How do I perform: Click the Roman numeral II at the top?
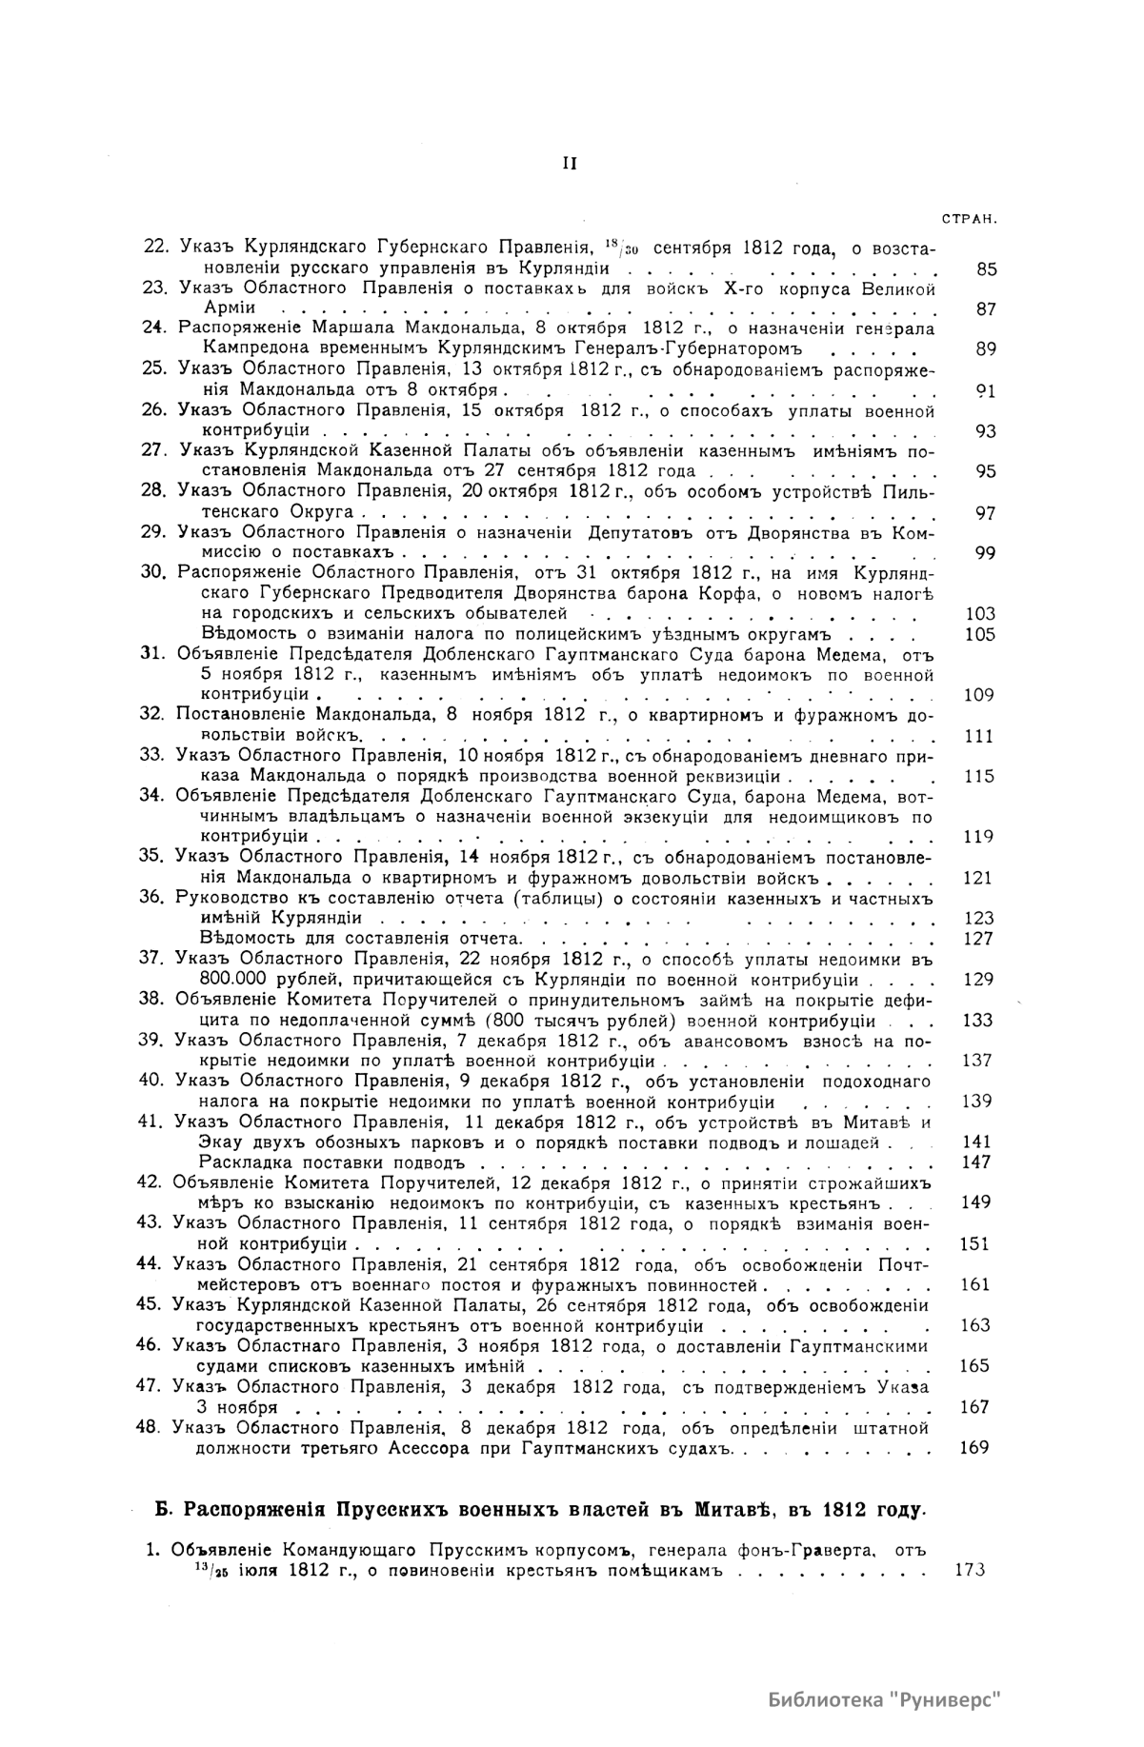pyautogui.click(x=570, y=163)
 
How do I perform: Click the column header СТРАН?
pyautogui.click(x=969, y=218)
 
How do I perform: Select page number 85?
pyautogui.click(x=987, y=269)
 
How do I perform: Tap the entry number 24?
pyautogui.click(x=153, y=328)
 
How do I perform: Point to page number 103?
pyautogui.click(x=979, y=614)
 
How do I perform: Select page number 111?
pyautogui.click(x=979, y=736)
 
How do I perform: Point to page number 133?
pyautogui.click(x=978, y=1021)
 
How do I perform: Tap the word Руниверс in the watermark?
pyautogui.click(x=950, y=1700)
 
